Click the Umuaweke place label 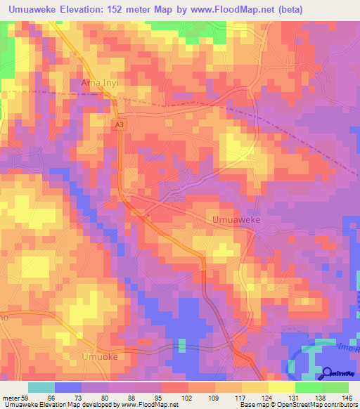click(x=237, y=220)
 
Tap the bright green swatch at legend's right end click(x=335, y=388)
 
